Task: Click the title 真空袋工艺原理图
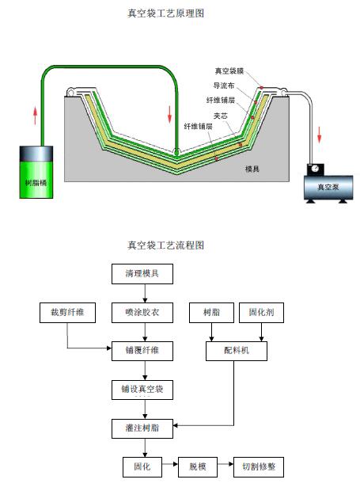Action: pyautogui.click(x=165, y=13)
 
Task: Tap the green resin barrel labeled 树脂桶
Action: pyautogui.click(x=36, y=172)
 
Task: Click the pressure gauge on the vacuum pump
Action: pyautogui.click(x=316, y=169)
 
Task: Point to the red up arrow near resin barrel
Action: pyautogui.click(x=36, y=116)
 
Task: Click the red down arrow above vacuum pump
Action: pyautogui.click(x=320, y=135)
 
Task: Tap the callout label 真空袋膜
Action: pyautogui.click(x=229, y=71)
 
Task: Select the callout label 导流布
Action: pyautogui.click(x=224, y=86)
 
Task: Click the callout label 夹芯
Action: pyautogui.click(x=221, y=116)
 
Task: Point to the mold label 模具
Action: pyautogui.click(x=252, y=169)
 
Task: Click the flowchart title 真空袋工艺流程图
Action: pyautogui.click(x=165, y=245)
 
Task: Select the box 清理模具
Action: pyautogui.click(x=142, y=274)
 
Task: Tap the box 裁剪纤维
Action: pyautogui.click(x=67, y=313)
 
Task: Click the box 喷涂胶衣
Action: pyautogui.click(x=142, y=313)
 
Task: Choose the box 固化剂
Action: pyautogui.click(x=261, y=313)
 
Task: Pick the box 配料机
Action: pyautogui.click(x=237, y=351)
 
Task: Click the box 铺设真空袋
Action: pyautogui.click(x=142, y=390)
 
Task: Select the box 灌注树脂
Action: pyautogui.click(x=142, y=428)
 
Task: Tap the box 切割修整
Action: pyautogui.click(x=259, y=467)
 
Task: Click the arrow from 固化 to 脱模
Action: pyautogui.click(x=170, y=464)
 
